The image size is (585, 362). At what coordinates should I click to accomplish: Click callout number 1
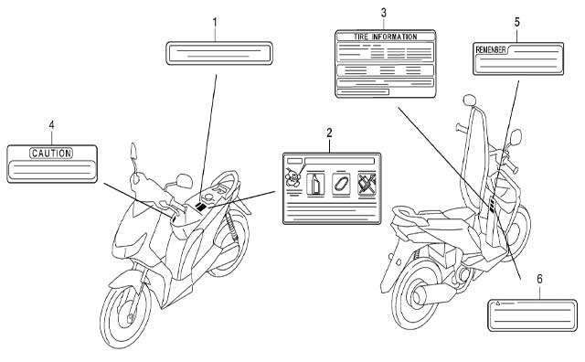click(x=215, y=22)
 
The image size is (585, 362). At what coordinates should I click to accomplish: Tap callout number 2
click(x=329, y=133)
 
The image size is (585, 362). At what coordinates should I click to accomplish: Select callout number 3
click(x=384, y=13)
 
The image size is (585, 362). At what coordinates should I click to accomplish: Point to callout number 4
click(x=51, y=125)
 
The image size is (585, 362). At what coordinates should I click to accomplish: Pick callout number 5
click(x=516, y=22)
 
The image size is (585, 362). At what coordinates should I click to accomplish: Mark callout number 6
click(x=539, y=279)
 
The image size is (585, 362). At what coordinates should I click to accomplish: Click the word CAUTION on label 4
click(x=51, y=153)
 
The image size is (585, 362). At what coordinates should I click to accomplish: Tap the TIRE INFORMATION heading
click(x=386, y=37)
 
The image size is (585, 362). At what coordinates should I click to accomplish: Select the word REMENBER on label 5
click(x=491, y=49)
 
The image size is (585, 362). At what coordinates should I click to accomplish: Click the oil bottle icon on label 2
click(x=315, y=184)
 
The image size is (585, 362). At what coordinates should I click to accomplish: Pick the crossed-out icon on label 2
click(x=367, y=184)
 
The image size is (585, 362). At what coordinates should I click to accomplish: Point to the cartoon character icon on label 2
click(x=292, y=177)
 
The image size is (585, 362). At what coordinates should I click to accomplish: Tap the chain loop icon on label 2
click(x=341, y=184)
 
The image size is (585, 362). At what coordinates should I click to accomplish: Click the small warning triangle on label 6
click(x=497, y=303)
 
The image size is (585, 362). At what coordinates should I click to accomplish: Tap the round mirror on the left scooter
click(x=184, y=181)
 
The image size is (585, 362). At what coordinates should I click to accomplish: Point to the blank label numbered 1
click(x=219, y=53)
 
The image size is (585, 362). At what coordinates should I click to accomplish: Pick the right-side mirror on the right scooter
click(x=516, y=137)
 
